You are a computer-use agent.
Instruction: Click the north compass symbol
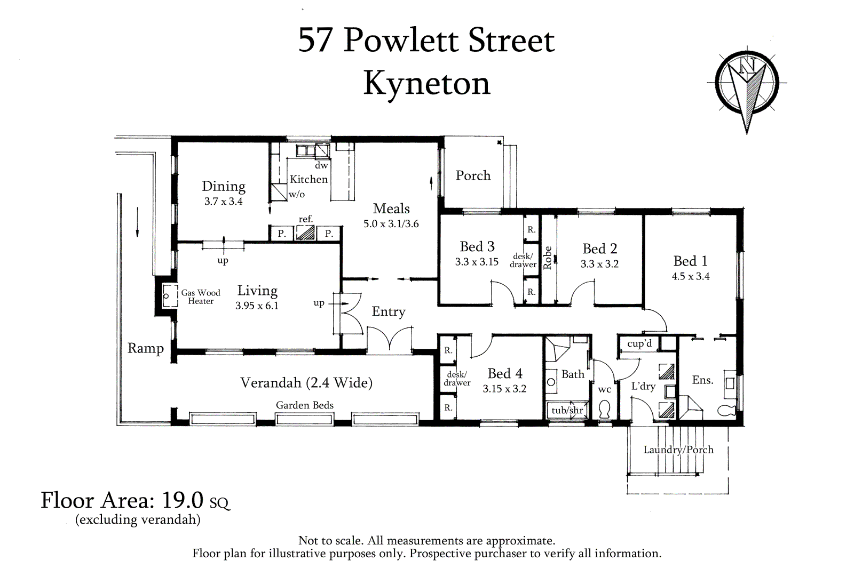pyautogui.click(x=747, y=85)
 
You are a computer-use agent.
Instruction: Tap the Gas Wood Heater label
pyautogui.click(x=200, y=296)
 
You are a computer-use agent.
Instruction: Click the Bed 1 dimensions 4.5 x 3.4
pyautogui.click(x=690, y=276)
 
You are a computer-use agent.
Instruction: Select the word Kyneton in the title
pyautogui.click(x=426, y=84)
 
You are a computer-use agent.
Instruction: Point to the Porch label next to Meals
pyautogui.click(x=472, y=175)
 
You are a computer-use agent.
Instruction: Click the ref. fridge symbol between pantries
pyautogui.click(x=305, y=233)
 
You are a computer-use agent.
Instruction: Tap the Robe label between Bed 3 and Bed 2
pyautogui.click(x=547, y=258)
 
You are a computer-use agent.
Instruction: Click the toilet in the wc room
pyautogui.click(x=605, y=410)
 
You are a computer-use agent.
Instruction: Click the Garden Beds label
pyautogui.click(x=304, y=405)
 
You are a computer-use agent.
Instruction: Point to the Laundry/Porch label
pyautogui.click(x=678, y=450)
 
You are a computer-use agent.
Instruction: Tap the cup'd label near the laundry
pyautogui.click(x=639, y=343)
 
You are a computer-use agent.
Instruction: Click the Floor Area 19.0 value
pyautogui.click(x=183, y=500)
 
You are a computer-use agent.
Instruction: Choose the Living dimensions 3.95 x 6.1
pyautogui.click(x=257, y=306)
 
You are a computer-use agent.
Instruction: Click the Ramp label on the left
pyautogui.click(x=145, y=348)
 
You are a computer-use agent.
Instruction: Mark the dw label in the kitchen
pyautogui.click(x=321, y=166)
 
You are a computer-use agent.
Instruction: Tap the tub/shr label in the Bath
pyautogui.click(x=567, y=410)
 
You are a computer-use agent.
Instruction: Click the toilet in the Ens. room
pyautogui.click(x=727, y=410)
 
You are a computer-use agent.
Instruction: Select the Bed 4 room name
pyautogui.click(x=504, y=374)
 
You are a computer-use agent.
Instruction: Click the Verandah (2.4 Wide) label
pyautogui.click(x=306, y=382)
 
